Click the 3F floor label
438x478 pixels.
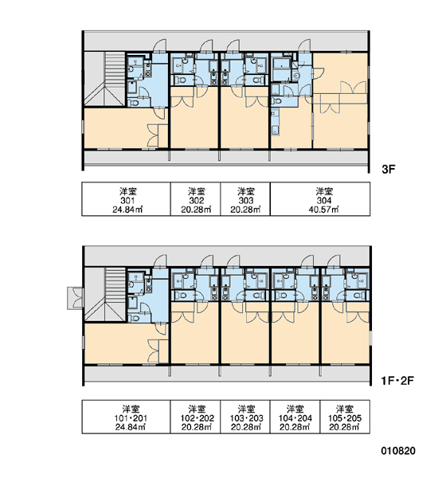[x=388, y=169]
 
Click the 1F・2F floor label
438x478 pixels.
[x=397, y=381]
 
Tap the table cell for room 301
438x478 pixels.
[x=126, y=199]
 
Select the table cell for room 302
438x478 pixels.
[x=195, y=199]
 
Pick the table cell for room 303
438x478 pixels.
[x=245, y=199]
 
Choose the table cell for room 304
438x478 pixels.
[x=320, y=199]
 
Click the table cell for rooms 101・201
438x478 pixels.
[x=126, y=417]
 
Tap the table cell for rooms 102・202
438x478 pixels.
[x=195, y=417]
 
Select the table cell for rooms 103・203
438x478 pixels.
[x=245, y=417]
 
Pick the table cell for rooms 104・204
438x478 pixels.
[x=295, y=417]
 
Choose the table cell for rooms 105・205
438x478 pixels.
[x=345, y=417]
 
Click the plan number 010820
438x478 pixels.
[x=398, y=451]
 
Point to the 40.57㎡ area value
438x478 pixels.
[x=323, y=210]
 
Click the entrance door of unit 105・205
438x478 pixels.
[x=334, y=261]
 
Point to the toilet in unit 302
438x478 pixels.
[x=182, y=80]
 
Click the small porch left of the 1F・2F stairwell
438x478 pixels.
[x=75, y=298]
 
